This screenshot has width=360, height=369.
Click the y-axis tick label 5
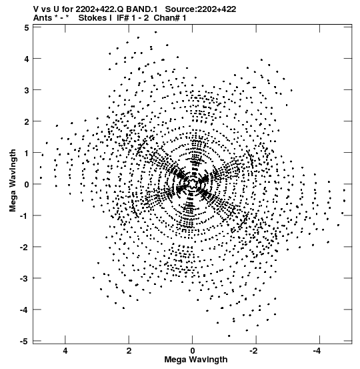coord(27,28)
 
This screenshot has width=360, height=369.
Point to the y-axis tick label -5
coord(25,342)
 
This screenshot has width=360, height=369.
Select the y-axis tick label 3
coord(27,90)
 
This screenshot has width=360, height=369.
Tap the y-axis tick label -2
coord(25,247)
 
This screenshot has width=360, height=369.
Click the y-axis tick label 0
coord(27,184)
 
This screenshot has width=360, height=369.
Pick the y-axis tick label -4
coord(25,310)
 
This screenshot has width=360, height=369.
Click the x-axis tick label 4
coord(65,351)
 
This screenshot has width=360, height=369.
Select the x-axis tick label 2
coord(129,351)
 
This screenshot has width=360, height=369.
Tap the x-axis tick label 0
coord(193,351)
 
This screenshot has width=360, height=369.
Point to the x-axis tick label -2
coord(255,351)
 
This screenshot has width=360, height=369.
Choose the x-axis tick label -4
coord(318,351)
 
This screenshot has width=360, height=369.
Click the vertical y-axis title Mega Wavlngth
coord(13,181)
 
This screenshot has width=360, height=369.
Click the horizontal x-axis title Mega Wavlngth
coord(196,360)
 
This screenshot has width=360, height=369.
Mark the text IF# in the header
coord(123,18)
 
